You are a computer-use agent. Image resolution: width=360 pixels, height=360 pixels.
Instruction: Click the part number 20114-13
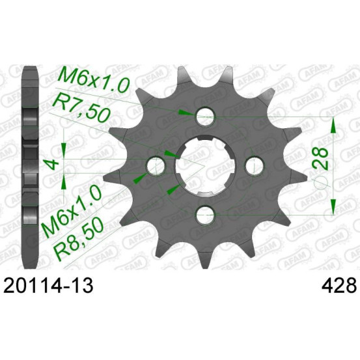point(48,285)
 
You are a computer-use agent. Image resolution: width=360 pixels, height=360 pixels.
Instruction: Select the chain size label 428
point(340,285)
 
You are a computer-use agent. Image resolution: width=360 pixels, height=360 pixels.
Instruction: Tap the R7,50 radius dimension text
point(81,109)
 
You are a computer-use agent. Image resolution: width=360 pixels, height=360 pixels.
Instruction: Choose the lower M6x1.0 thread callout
point(71,211)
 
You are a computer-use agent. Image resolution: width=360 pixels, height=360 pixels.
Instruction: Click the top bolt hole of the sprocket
point(205,117)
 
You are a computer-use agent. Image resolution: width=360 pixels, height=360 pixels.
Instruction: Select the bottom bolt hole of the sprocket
point(205,215)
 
